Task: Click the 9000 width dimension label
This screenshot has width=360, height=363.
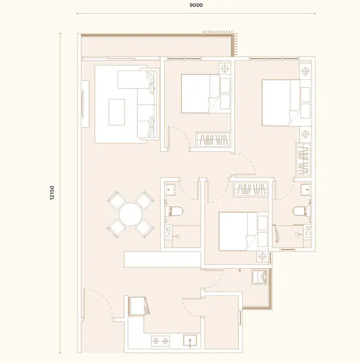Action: pos(196,5)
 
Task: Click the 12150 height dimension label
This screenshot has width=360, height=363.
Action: pos(52,193)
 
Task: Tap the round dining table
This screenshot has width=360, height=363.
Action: pos(130,215)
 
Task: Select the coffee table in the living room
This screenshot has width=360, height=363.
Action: pos(117,112)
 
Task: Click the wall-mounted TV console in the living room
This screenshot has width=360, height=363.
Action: pos(85,104)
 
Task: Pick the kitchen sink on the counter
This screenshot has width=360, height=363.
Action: pos(190,341)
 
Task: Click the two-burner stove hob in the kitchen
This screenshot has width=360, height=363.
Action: pos(160,341)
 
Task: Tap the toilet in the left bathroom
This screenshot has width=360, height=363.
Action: pos(174,211)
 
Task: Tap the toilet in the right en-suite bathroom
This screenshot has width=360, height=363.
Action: pos(302,211)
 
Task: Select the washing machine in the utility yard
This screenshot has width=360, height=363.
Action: pos(259,277)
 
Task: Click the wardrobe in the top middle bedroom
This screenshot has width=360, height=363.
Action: pos(213,140)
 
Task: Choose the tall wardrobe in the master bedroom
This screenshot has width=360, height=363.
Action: pos(303,160)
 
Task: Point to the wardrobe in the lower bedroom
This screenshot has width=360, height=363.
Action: pos(250,190)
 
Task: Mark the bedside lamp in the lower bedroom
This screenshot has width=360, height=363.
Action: pos(262,257)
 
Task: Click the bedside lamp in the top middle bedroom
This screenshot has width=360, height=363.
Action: pos(224,69)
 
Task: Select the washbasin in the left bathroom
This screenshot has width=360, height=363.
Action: pos(170,190)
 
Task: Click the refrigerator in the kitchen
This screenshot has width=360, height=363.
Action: pos(137,306)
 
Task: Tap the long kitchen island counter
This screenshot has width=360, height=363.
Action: pos(163,259)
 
